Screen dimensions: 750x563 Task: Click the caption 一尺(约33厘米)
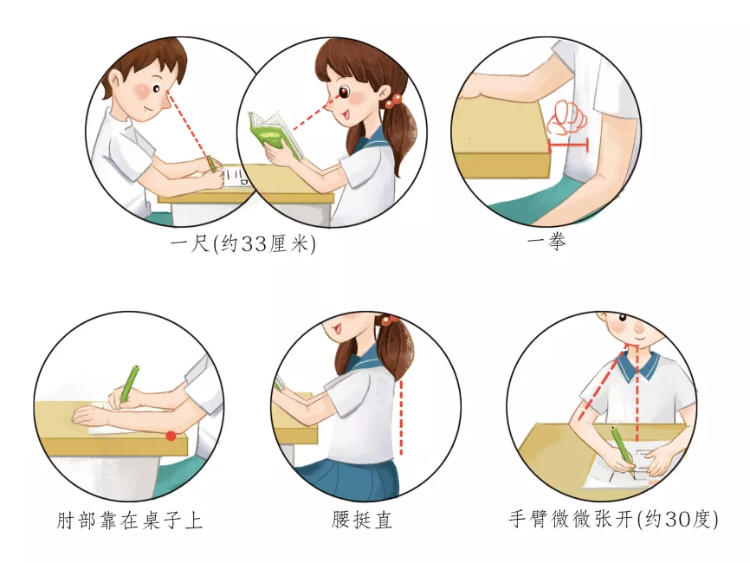pyautogui.click(x=243, y=244)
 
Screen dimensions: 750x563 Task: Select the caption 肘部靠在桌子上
pyautogui.click(x=129, y=520)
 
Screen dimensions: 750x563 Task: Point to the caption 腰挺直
pyautogui.click(x=362, y=520)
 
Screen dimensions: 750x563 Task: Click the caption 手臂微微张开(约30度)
pyautogui.click(x=613, y=519)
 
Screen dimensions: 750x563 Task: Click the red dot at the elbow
pyautogui.click(x=171, y=436)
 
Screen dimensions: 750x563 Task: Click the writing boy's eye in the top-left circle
pyautogui.click(x=157, y=89)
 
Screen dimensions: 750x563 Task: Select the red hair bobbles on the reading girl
pyautogui.click(x=394, y=101)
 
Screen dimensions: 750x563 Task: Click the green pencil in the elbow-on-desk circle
pyautogui.click(x=129, y=383)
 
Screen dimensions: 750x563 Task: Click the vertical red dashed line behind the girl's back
pyautogui.click(x=401, y=417)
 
